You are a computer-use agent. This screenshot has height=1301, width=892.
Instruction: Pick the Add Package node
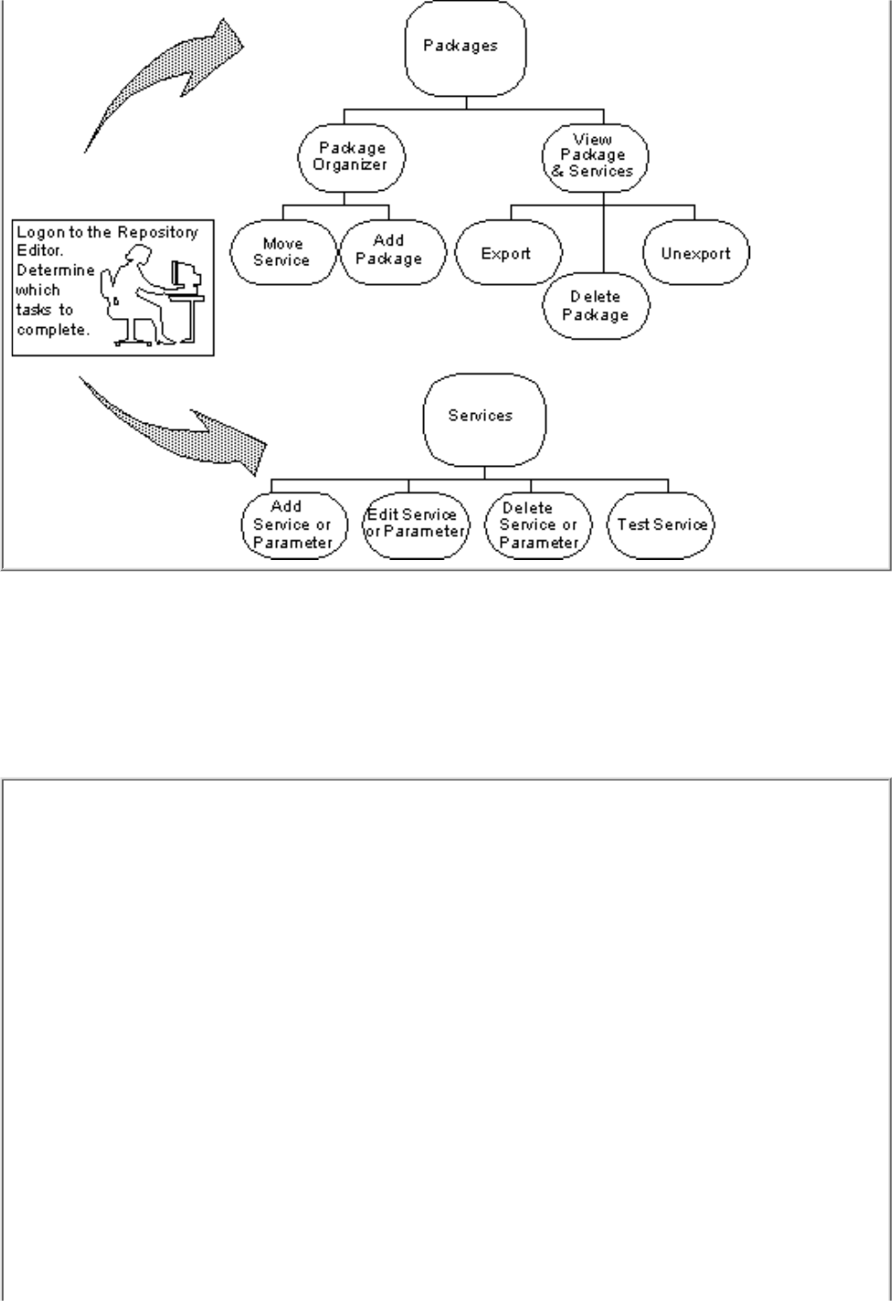389,250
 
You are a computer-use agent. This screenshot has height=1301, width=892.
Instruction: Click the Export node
507,254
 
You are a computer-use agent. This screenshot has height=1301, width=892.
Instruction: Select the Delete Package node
595,306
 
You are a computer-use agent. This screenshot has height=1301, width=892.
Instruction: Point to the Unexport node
696,254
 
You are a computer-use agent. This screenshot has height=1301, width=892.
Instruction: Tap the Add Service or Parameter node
291,525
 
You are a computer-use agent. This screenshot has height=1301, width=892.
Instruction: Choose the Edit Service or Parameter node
414,524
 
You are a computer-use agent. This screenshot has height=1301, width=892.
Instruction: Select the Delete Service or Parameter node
538,526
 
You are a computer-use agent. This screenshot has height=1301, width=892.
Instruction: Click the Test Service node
662,525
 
